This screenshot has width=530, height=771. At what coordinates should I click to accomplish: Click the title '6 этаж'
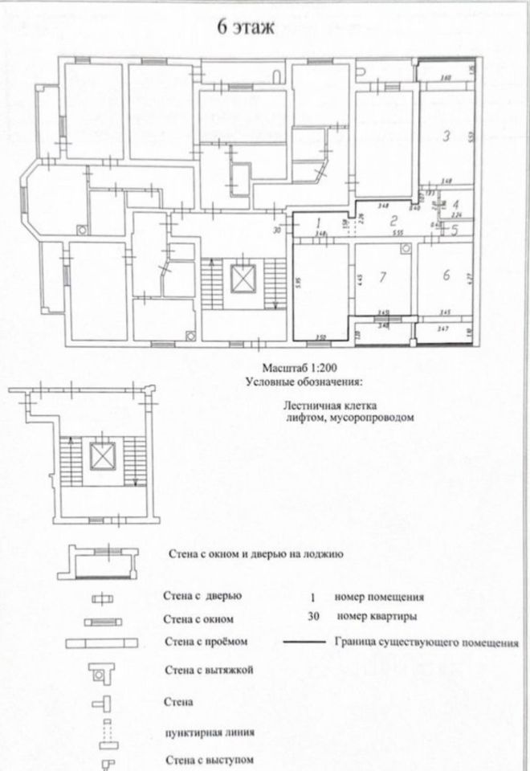[x=248, y=30]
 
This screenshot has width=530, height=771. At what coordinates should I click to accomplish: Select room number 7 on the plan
[x=383, y=277]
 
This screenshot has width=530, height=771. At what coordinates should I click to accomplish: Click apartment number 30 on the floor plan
[x=276, y=230]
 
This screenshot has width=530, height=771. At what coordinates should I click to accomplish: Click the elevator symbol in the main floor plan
[x=242, y=279]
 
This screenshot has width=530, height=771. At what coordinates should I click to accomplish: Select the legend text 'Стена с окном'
[x=198, y=619]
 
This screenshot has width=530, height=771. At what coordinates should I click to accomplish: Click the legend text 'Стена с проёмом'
[x=204, y=642]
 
